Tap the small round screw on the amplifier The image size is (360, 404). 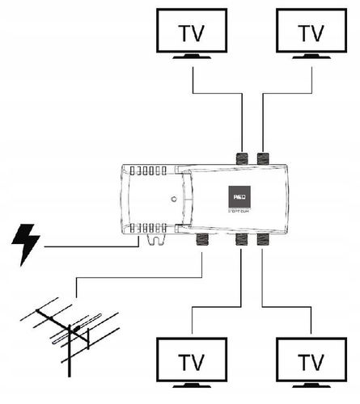[x=173, y=199]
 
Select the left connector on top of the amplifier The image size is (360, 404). [x=241, y=158]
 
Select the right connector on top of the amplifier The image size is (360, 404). [x=264, y=158]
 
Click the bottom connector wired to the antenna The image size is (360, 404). [x=201, y=240]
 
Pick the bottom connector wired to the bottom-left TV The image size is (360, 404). [x=241, y=240]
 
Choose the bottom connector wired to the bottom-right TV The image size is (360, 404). [x=264, y=240]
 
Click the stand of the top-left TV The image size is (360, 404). [x=192, y=57]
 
